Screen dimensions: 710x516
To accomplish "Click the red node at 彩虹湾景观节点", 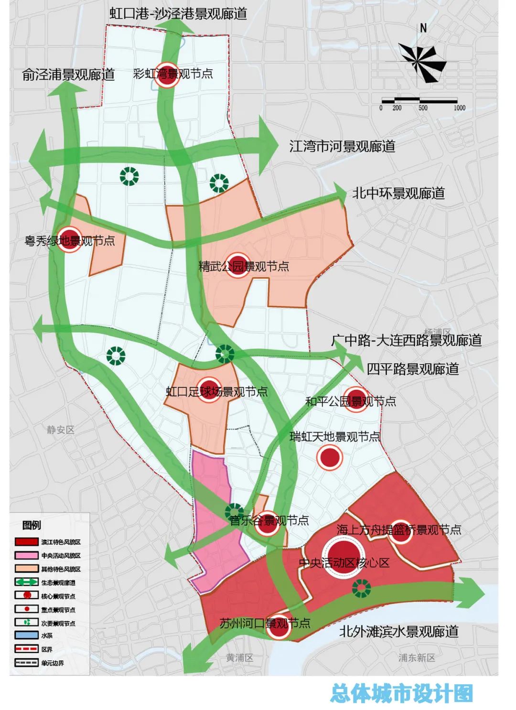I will coord(167,75).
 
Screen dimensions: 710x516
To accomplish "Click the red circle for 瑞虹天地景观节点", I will coord(330,457).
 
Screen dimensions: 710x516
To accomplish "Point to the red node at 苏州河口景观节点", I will coord(279,626).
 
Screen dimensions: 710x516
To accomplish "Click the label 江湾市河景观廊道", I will coord(342,146).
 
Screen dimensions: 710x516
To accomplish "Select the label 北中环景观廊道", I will coord(398,193).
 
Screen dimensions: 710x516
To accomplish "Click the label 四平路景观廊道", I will coord(413,369).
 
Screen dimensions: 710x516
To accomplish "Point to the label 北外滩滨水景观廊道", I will coord(398,631).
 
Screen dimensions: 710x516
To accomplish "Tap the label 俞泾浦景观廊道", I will coord(68,75).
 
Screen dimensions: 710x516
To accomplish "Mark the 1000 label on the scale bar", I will coord(459,108).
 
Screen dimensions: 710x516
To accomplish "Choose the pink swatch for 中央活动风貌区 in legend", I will coord(27,556).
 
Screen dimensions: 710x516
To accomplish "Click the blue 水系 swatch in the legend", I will coord(27,636).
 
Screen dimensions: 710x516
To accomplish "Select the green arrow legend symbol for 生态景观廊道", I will coord(27,582).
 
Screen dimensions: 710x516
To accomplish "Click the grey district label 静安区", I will coord(61,430).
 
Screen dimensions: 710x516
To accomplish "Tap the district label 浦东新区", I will coord(417,658).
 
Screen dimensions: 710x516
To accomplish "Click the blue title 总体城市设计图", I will coord(401,693).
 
